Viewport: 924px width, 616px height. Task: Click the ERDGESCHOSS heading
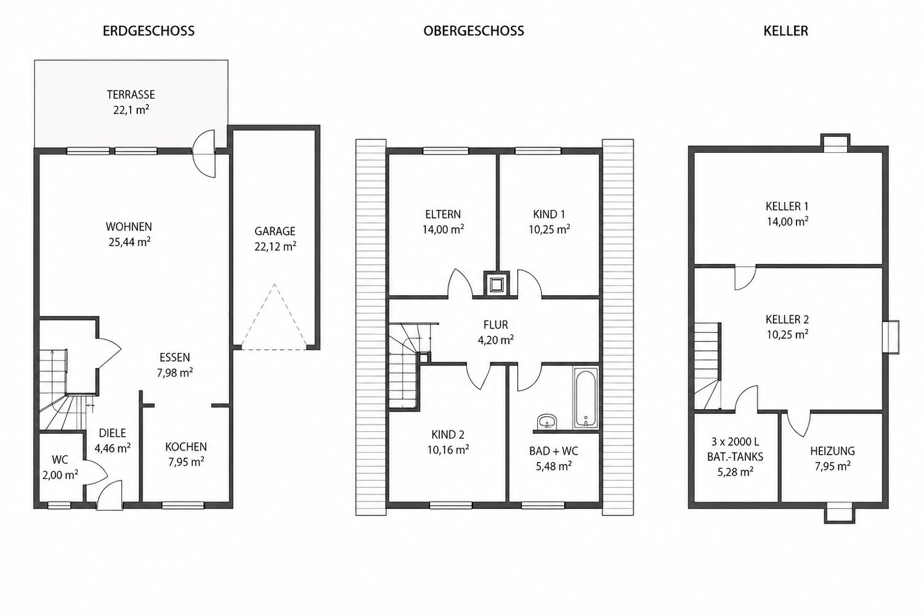[x=148, y=31]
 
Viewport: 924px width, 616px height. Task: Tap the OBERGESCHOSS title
[x=474, y=31]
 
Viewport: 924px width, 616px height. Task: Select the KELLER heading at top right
[x=786, y=31]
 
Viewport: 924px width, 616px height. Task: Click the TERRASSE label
[x=131, y=94]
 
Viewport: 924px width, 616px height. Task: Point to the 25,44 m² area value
[x=129, y=241]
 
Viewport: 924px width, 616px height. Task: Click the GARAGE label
[x=275, y=231]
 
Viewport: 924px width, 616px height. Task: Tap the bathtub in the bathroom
[x=585, y=398]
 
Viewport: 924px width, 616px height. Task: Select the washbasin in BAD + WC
[x=547, y=421]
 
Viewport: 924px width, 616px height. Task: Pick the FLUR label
[x=496, y=325]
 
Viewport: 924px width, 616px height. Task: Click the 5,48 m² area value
[x=554, y=466]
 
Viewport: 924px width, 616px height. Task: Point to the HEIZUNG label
[x=832, y=451]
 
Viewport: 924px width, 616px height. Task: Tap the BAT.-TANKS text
[x=735, y=456]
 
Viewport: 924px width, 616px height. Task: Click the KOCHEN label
[x=186, y=447]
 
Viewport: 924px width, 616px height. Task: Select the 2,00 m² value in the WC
[x=60, y=475]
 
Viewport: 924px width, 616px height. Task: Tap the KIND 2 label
[x=448, y=434]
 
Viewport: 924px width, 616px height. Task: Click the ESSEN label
[x=175, y=357]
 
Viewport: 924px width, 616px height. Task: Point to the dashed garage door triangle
[x=274, y=317]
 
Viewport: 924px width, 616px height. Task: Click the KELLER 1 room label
[x=787, y=206]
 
